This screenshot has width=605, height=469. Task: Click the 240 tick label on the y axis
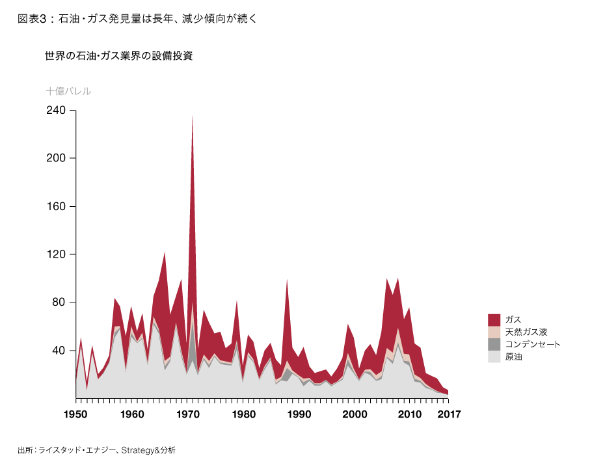tap(57, 110)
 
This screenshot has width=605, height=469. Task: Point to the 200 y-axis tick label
tap(57, 158)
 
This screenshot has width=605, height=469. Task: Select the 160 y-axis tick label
tap(57, 206)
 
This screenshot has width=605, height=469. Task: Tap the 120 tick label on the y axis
tap(57, 254)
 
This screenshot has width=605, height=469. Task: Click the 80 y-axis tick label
tap(60, 302)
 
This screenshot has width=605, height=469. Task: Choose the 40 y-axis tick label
tap(60, 351)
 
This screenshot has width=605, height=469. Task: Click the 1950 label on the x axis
tap(75, 414)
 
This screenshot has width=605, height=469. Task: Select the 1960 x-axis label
tap(131, 414)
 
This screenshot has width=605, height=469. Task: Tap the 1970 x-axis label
tap(187, 414)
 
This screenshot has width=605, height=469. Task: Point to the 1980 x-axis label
tap(243, 414)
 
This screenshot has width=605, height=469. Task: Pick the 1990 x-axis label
tap(299, 414)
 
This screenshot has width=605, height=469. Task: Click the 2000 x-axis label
tap(354, 414)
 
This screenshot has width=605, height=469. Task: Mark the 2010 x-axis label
tap(410, 414)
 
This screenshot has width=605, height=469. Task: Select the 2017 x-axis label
tap(449, 414)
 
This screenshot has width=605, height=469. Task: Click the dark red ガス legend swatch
tap(494, 319)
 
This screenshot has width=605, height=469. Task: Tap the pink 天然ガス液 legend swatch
tap(494, 332)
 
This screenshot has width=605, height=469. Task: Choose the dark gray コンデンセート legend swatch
tap(494, 344)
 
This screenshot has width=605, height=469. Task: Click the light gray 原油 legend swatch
tap(494, 356)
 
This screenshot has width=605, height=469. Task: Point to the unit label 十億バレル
tap(68, 91)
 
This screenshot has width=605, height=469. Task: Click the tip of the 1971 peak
tap(193, 116)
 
